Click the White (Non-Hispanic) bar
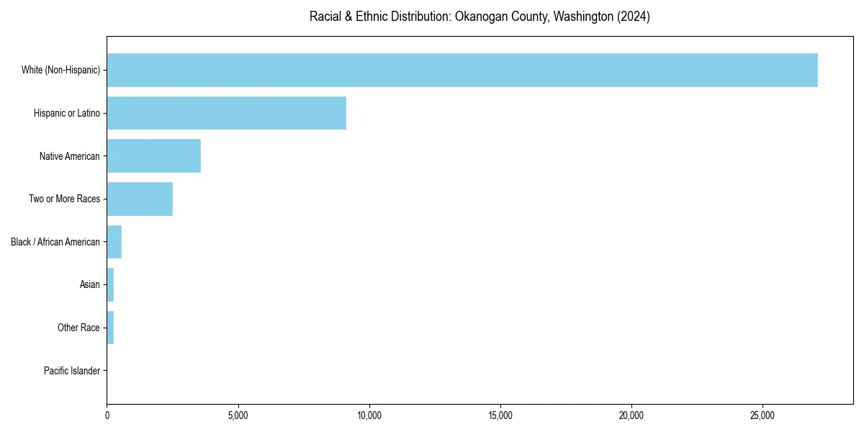click(x=462, y=70)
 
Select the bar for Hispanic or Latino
click(x=226, y=113)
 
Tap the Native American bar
click(x=153, y=156)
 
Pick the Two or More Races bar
click(x=140, y=199)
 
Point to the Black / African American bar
click(x=114, y=242)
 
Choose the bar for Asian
click(x=110, y=284)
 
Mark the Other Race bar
click(x=110, y=328)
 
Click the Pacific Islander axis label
click(x=71, y=371)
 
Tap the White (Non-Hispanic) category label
click(x=60, y=70)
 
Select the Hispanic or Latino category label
click(x=66, y=113)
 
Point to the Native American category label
click(x=69, y=156)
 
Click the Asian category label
click(x=89, y=284)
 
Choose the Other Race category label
click(x=78, y=328)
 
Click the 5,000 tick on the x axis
click(x=238, y=415)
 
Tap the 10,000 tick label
click(x=369, y=415)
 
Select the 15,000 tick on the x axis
click(x=500, y=415)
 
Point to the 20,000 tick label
click(x=631, y=415)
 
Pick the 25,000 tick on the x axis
click(x=762, y=415)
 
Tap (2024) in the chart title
click(x=633, y=17)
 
